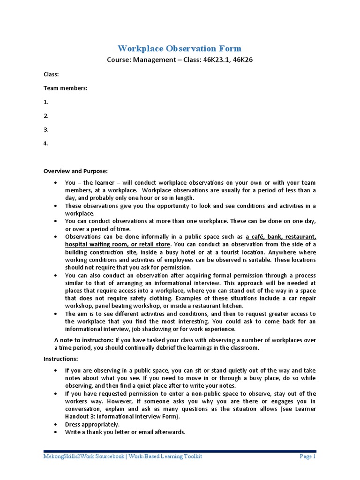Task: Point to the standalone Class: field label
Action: pos(51,74)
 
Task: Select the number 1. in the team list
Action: pos(46,102)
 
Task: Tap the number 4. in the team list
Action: pos(46,143)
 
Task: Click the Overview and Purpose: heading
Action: pos(75,171)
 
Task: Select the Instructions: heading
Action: pos(60,359)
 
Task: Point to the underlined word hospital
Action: pos(78,244)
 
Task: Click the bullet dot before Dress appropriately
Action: pos(56,424)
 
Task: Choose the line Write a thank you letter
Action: pos(125,432)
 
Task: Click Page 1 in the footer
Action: pos(308,457)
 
